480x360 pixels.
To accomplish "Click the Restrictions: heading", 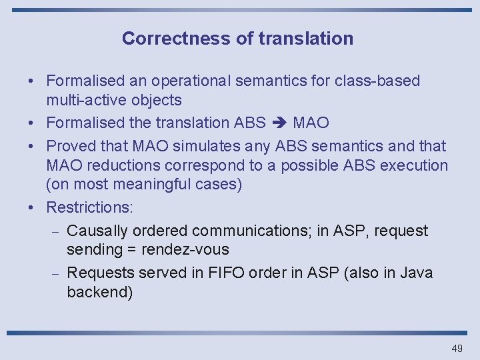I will pos(90,207).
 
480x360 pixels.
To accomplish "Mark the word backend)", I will pos(100,293).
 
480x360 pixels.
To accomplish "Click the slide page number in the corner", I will pos(457,349).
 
